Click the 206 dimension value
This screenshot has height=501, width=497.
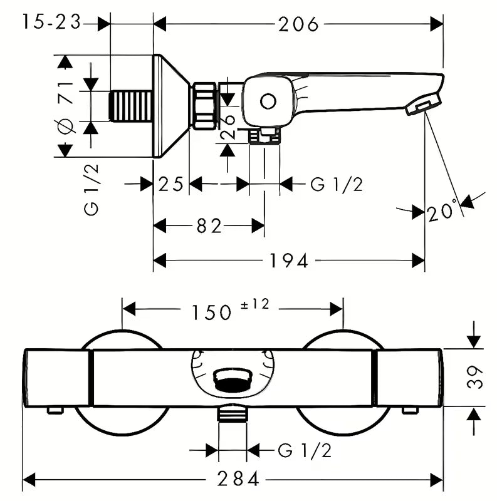298,24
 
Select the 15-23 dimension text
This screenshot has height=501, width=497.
51,23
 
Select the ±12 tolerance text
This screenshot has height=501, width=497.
254,304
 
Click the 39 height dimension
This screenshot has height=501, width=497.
478,378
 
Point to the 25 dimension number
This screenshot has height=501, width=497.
170,184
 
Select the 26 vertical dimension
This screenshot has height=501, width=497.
228,119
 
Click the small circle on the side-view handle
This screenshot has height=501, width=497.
268,102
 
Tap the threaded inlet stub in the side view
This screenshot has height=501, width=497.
131,105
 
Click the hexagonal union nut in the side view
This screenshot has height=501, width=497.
204,105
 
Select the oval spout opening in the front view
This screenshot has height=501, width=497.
233,377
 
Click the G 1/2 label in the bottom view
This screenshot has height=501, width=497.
304,450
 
